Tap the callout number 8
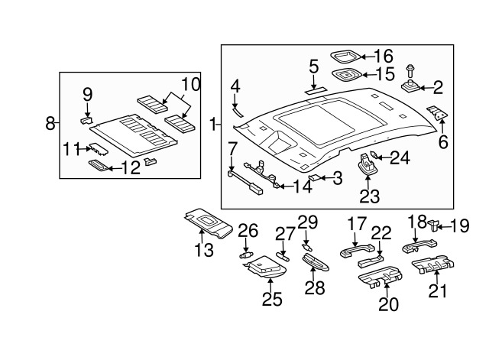click(50, 122)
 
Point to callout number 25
click(273, 299)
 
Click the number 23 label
click(369, 196)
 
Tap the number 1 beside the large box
click(212, 122)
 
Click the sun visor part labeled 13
click(210, 224)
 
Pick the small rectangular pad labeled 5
click(313, 91)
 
